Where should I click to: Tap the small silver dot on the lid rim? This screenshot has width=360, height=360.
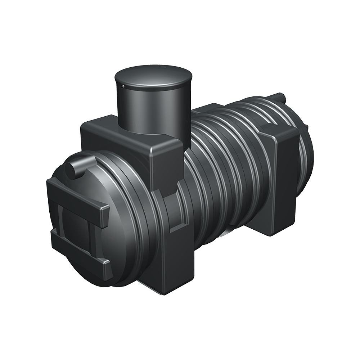coord(123,86)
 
